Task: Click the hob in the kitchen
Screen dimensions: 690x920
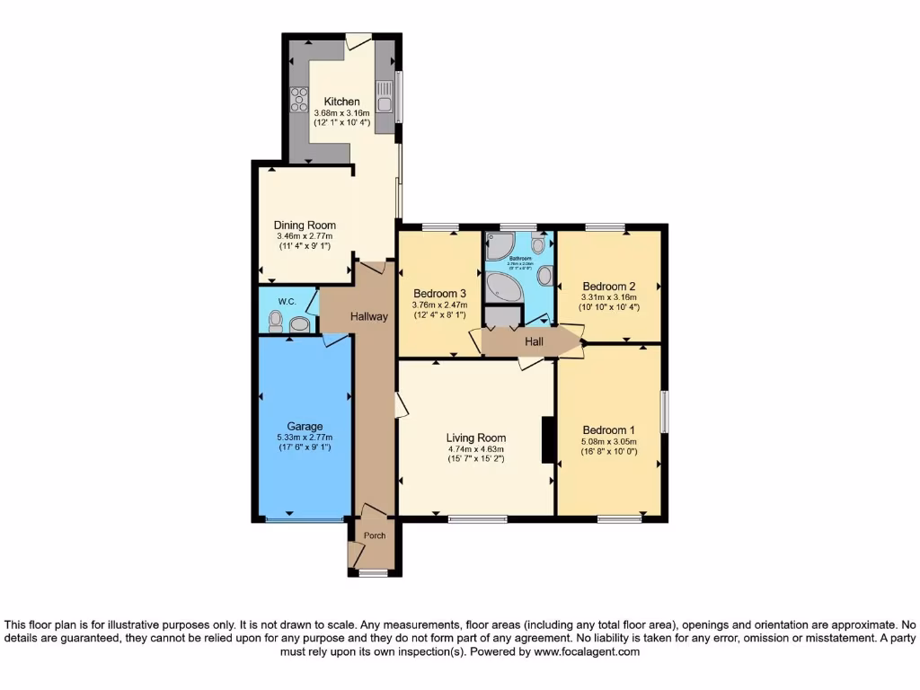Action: (297, 102)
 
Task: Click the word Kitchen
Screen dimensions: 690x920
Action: (341, 102)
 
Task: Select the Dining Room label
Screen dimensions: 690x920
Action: (305, 226)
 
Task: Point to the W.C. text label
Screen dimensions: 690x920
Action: (287, 301)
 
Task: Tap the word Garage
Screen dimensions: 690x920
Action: (305, 427)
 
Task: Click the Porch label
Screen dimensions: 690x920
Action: (374, 536)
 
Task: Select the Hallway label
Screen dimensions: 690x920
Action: (368, 316)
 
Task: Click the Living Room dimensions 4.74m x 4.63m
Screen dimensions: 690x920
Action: (476, 449)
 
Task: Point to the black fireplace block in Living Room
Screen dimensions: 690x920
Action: (547, 440)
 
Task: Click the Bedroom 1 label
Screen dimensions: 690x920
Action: (608, 429)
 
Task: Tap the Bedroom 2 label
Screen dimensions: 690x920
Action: (608, 287)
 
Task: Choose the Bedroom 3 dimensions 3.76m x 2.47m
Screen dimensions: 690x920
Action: (439, 305)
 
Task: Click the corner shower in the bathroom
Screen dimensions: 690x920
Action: (498, 246)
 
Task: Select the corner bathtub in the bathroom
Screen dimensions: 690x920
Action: (501, 287)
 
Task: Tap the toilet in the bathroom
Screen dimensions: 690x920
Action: (538, 244)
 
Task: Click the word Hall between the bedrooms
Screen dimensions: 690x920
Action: (535, 341)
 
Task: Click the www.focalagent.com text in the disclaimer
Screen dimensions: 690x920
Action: (589, 652)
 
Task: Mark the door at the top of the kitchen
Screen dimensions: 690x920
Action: (358, 40)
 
